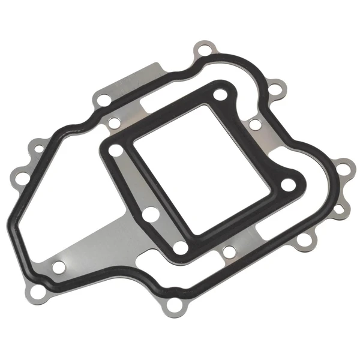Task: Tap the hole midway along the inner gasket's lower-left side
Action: (152, 214)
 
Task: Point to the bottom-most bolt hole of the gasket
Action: (174, 307)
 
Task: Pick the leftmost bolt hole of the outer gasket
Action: (20, 178)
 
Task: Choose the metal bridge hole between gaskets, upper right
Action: (254, 125)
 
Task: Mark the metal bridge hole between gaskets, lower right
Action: (229, 251)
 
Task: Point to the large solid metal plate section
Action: (102, 246)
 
